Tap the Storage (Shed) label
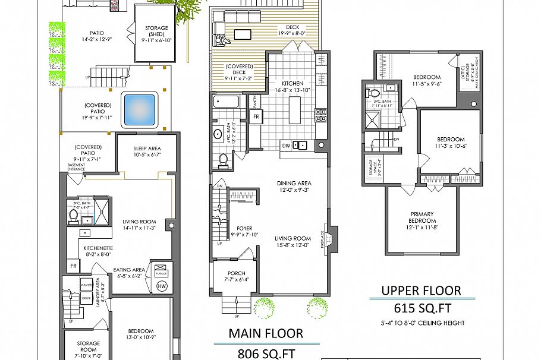(156, 31)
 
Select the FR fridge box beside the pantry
(256, 116)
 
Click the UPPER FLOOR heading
(421, 290)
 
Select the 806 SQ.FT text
(266, 354)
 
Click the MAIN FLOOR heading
(266, 334)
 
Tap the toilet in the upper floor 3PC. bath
(374, 94)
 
